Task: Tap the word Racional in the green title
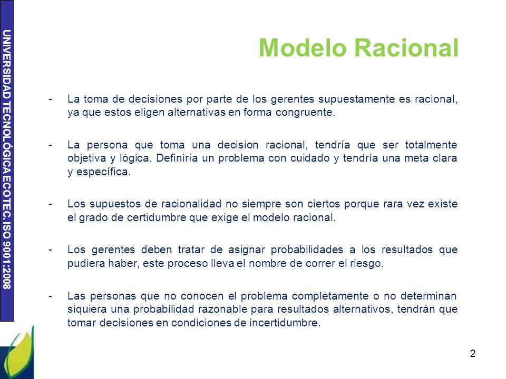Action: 407,48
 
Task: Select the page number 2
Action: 473,354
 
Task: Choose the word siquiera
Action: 85,310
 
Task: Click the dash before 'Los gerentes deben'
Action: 50,250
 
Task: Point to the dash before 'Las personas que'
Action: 50,296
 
